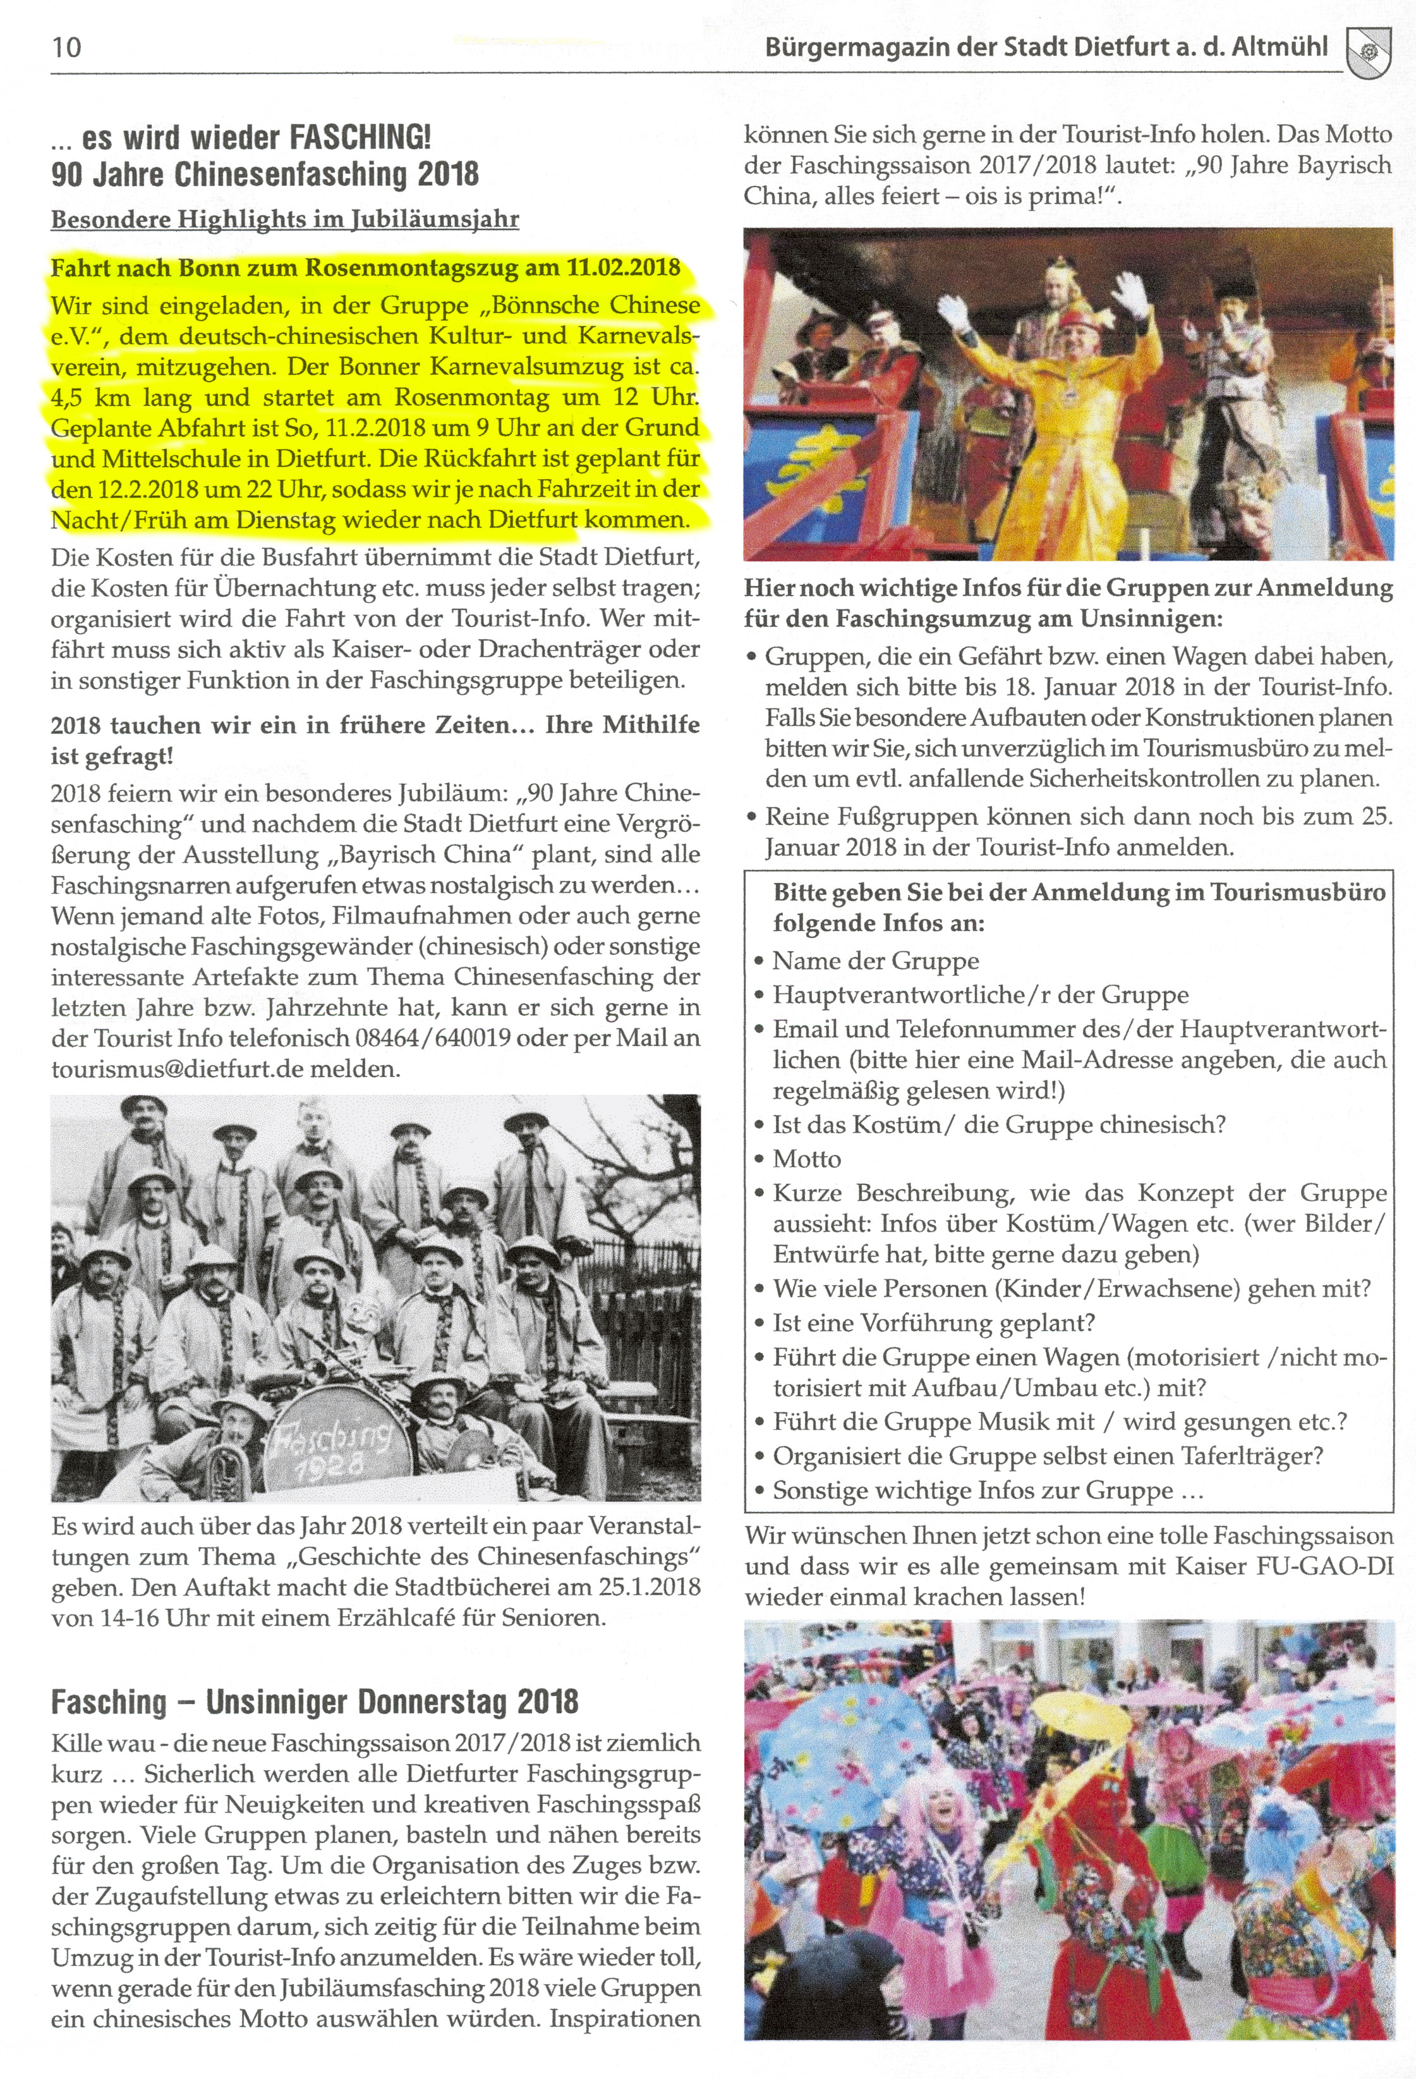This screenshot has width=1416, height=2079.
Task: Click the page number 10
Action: (x=67, y=47)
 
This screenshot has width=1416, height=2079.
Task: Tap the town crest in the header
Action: (x=1368, y=52)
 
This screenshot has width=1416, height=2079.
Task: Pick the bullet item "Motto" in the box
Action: (x=807, y=1159)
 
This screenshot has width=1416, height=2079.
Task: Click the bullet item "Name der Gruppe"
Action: (x=876, y=960)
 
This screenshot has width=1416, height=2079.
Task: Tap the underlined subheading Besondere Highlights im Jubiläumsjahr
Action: (x=284, y=219)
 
